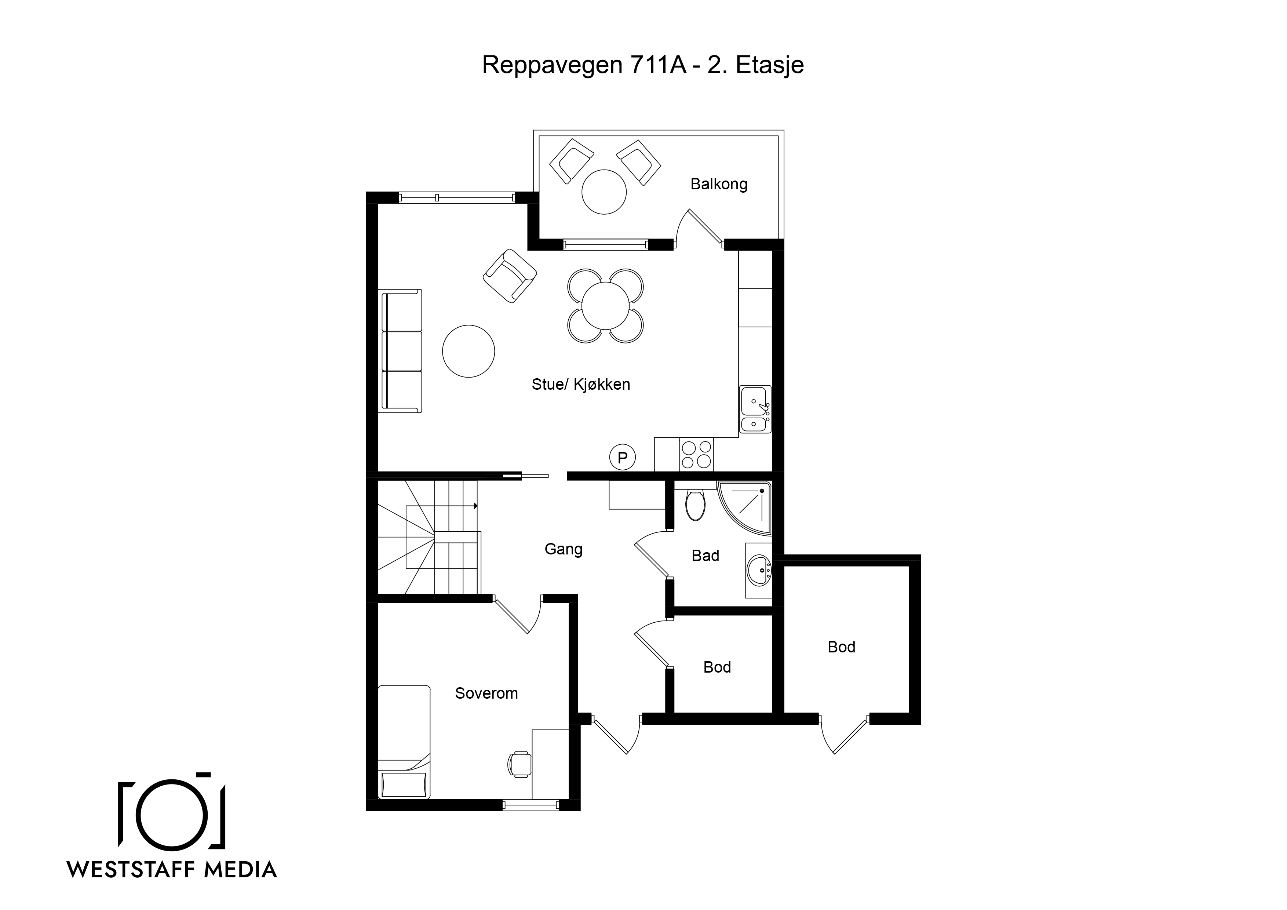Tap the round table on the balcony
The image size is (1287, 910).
tap(604, 192)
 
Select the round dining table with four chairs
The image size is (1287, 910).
tap(605, 306)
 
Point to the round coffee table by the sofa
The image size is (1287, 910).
tap(469, 351)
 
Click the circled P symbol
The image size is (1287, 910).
tap(622, 458)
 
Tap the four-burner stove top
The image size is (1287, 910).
tap(696, 455)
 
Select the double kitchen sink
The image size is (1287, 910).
tap(755, 409)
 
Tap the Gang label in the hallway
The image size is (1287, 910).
tap(564, 549)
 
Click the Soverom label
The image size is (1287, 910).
tap(486, 694)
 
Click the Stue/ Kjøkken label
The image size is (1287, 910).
tap(581, 385)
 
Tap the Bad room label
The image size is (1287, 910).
tap(705, 556)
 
